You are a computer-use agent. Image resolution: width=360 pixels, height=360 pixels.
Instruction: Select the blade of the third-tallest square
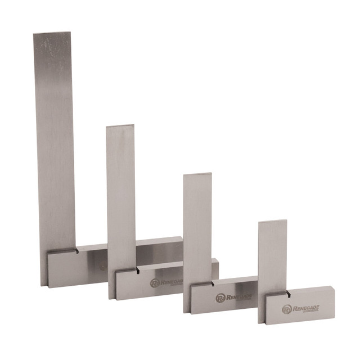pyautogui.click(x=197, y=225)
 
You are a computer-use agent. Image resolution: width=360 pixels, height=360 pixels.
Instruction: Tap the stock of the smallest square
pyautogui.click(x=304, y=307)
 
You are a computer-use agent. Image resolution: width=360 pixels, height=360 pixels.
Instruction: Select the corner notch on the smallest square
pyautogui.click(x=287, y=294)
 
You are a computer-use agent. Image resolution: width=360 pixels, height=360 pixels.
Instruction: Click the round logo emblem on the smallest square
pyautogui.click(x=287, y=309)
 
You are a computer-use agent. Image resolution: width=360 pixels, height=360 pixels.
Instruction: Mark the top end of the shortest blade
pyautogui.click(x=273, y=223)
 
